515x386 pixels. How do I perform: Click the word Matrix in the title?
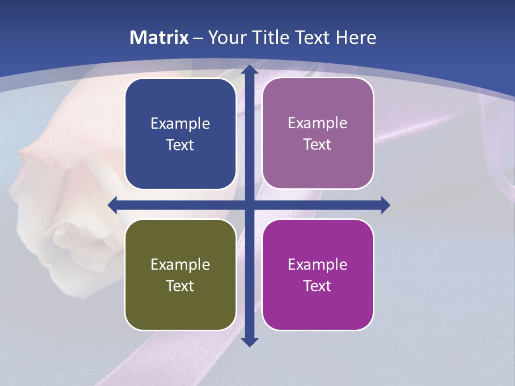click(159, 38)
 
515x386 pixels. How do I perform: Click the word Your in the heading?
click(225, 38)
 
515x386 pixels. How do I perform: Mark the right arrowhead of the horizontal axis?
click(385, 205)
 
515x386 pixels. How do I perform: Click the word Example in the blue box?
click(180, 124)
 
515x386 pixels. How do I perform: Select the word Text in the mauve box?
click(318, 145)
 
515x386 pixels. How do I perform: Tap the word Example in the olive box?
click(180, 264)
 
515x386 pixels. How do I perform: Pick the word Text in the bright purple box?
click(318, 286)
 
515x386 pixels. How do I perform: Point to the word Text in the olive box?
click(180, 286)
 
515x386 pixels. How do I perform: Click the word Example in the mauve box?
click(318, 123)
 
